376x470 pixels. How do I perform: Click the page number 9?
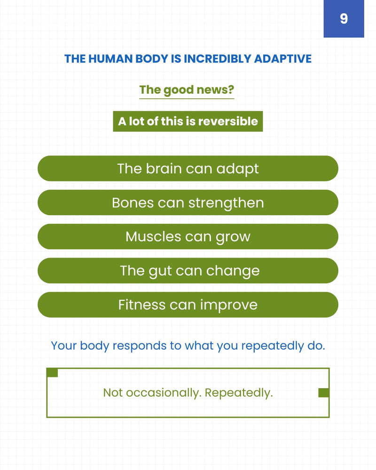click(x=344, y=19)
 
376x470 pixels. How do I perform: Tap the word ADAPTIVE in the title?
click(x=283, y=59)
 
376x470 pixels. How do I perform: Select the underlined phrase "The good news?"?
click(x=187, y=90)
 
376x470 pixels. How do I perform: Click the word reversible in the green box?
click(x=228, y=121)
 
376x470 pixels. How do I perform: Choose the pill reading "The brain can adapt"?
click(x=188, y=168)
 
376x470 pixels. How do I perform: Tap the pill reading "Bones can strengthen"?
click(x=188, y=203)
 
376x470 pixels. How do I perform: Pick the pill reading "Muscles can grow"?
click(x=188, y=236)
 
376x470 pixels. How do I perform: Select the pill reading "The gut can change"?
click(x=188, y=271)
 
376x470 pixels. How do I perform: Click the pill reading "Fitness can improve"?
click(x=188, y=305)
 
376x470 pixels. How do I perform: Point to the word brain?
click(x=164, y=168)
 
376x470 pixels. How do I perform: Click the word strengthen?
click(x=226, y=203)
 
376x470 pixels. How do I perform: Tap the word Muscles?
click(x=153, y=236)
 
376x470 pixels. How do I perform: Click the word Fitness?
click(x=142, y=305)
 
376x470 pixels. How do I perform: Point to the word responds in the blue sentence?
click(x=139, y=346)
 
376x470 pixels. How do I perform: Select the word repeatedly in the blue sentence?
click(x=273, y=346)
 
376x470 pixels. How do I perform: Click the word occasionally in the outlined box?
click(x=163, y=393)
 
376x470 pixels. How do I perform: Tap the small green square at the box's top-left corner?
click(x=52, y=373)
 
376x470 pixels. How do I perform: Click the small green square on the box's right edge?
click(x=323, y=392)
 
